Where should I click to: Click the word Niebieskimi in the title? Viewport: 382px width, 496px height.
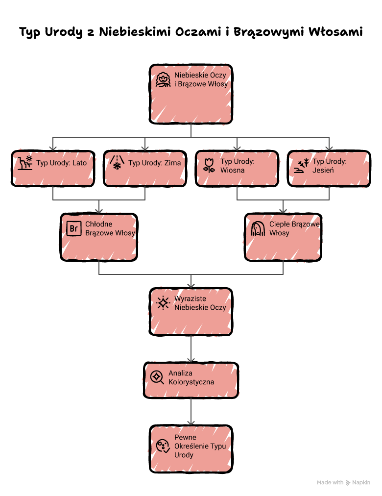tap(135, 32)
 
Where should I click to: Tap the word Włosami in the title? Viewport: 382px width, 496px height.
tap(335, 32)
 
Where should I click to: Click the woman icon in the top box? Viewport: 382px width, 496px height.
tap(163, 79)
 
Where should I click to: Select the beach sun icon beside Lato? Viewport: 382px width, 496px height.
tap(25, 163)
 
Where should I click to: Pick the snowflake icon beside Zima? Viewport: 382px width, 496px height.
tap(117, 163)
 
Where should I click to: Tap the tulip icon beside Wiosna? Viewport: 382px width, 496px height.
tap(209, 166)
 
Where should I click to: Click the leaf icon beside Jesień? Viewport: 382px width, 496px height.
tap(301, 166)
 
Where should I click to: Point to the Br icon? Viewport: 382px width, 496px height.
tap(74, 228)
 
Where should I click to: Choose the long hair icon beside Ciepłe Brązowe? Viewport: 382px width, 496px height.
tap(258, 228)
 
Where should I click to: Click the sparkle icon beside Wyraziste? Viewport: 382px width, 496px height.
tap(163, 303)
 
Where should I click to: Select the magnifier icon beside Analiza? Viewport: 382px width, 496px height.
tap(157, 377)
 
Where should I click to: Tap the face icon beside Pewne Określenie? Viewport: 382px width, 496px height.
tap(163, 446)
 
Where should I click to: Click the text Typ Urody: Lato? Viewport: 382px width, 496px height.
tap(61, 163)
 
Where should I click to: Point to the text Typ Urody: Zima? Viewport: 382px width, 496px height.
tap(154, 163)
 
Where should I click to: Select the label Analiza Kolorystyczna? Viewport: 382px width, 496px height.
tap(191, 377)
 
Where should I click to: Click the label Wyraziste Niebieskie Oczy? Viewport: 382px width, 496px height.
tap(200, 303)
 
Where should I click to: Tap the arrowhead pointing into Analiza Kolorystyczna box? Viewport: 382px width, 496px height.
tap(191, 360)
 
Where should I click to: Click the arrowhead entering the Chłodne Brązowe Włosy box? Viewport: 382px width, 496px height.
tap(99, 211)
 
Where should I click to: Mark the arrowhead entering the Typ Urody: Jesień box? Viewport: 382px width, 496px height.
tap(329, 149)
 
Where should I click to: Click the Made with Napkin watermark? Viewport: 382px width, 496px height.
tap(343, 482)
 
